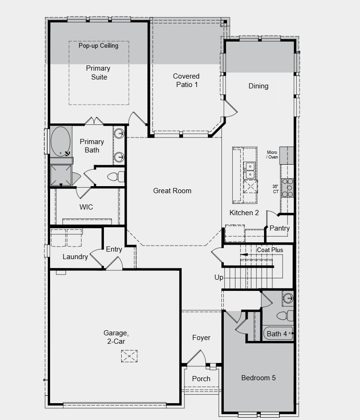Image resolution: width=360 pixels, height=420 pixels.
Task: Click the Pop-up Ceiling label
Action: tap(98, 46)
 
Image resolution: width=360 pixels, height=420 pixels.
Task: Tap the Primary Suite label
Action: tap(98, 72)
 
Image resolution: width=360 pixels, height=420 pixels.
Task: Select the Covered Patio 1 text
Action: tap(186, 80)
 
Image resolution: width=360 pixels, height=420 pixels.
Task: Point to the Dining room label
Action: tap(258, 86)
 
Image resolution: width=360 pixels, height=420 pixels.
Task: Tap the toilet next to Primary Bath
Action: tap(115, 177)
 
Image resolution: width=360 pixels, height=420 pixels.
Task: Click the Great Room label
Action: tap(172, 191)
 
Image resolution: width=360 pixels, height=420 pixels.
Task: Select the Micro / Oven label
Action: tap(272, 155)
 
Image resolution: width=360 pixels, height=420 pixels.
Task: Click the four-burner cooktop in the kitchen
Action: tap(287, 188)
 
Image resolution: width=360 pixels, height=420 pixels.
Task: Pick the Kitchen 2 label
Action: tap(244, 213)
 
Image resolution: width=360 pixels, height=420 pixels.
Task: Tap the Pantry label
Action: tap(279, 228)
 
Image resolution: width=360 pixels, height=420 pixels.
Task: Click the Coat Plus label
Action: tap(270, 250)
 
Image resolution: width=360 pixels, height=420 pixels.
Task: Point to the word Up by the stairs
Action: tap(219, 277)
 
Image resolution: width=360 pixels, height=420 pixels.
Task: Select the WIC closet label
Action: tap(86, 207)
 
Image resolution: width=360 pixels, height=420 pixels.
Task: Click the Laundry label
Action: tap(75, 257)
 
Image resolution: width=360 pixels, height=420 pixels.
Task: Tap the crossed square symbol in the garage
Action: tap(129, 356)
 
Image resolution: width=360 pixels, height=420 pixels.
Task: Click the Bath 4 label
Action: tap(277, 333)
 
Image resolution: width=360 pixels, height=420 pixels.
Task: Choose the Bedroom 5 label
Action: tap(258, 377)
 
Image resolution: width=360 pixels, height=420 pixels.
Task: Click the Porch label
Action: tap(201, 378)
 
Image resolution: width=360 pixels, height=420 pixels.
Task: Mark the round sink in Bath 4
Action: tap(287, 298)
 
